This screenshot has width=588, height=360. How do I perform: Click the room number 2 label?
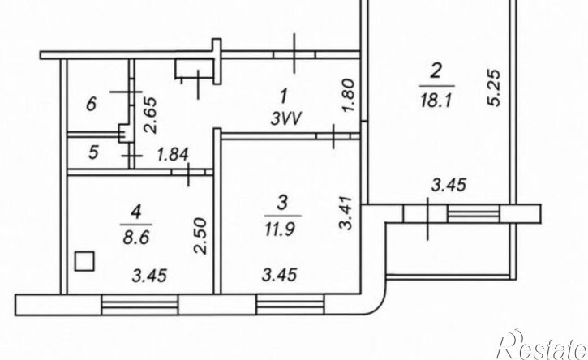click(x=435, y=71)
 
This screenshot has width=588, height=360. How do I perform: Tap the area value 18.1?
click(x=435, y=100)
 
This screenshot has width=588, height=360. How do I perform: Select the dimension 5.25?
click(x=495, y=88)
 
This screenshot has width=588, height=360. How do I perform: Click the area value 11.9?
click(x=281, y=229)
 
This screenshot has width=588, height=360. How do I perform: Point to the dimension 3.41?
click(x=346, y=212)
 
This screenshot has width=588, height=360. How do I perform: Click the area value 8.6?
click(x=136, y=237)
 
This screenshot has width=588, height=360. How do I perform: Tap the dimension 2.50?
click(x=200, y=236)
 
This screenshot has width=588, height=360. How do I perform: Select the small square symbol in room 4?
click(x=84, y=261)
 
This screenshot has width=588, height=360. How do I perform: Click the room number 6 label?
click(x=92, y=104)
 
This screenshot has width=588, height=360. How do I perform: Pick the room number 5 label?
click(x=93, y=152)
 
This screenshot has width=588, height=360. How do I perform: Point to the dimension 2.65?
click(x=150, y=115)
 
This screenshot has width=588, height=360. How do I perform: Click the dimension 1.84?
click(x=173, y=155)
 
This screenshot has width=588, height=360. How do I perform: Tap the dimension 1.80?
click(x=349, y=95)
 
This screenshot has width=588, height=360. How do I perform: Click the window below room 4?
click(x=139, y=305)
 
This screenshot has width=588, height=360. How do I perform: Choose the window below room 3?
click(x=290, y=305)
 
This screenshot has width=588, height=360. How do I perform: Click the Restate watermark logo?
click(x=541, y=345)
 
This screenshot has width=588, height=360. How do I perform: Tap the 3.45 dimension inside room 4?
click(x=149, y=276)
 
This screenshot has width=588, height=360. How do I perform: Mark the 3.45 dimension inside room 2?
click(x=449, y=185)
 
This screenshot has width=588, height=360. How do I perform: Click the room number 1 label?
click(x=284, y=96)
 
